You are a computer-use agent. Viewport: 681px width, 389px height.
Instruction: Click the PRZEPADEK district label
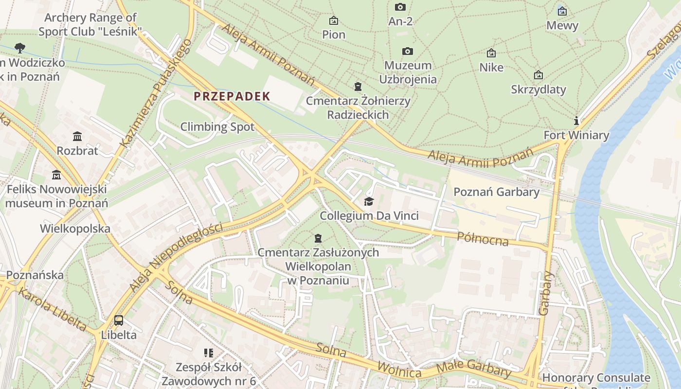[232, 96]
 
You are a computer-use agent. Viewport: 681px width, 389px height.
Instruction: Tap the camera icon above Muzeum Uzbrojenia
[408, 52]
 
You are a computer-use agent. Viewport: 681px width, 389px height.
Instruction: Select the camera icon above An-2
[400, 7]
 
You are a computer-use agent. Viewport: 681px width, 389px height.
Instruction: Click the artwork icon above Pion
[334, 20]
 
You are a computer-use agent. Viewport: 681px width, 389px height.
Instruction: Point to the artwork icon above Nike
[491, 53]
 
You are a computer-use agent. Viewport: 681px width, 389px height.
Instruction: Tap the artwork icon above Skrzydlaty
[538, 75]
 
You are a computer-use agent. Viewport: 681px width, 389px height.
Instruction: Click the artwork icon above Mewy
[562, 11]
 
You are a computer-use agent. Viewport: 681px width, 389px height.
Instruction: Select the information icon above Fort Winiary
[576, 121]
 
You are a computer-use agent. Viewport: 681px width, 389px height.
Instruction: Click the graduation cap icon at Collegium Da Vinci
[369, 201]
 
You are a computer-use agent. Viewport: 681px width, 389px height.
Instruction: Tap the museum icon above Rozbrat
[77, 136]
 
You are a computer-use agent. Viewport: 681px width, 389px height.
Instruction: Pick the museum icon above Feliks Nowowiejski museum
[56, 175]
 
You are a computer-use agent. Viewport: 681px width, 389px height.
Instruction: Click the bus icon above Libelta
[119, 320]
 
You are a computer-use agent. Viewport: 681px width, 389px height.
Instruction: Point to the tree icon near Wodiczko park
[20, 48]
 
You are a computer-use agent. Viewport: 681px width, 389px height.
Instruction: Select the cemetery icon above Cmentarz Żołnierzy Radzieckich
[358, 87]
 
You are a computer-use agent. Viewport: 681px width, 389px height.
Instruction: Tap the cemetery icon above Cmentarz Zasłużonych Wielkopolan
[318, 238]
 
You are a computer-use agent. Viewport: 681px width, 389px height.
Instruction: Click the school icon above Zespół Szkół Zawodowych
[209, 353]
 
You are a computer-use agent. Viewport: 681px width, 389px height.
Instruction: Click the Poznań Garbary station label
[496, 192]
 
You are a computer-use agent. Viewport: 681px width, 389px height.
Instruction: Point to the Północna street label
[483, 238]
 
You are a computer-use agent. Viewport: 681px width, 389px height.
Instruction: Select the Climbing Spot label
[217, 127]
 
